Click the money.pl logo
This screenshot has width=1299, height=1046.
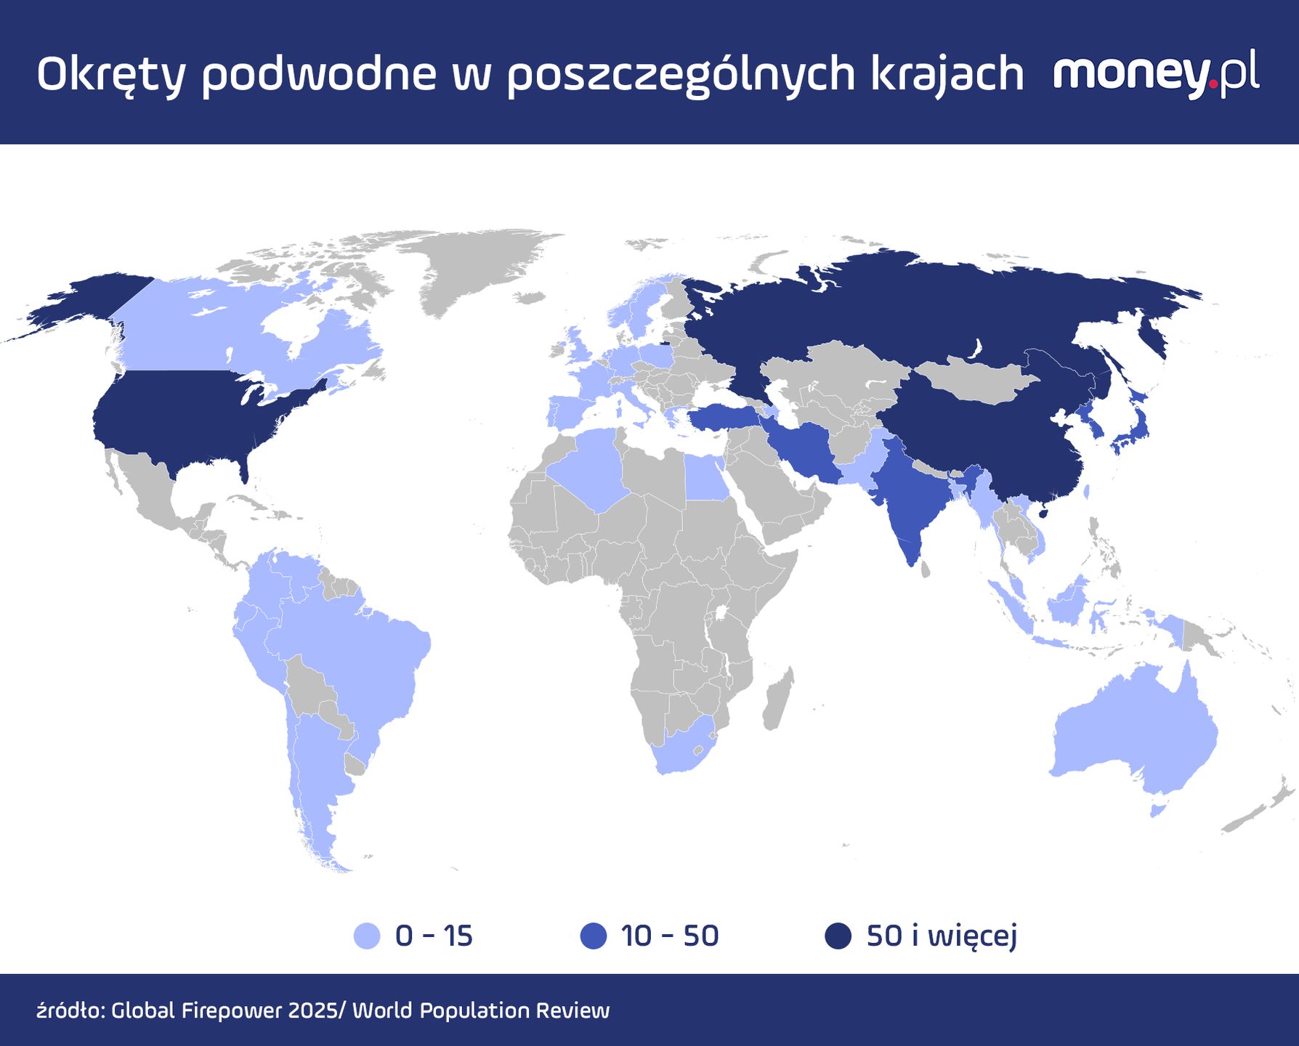point(1156,73)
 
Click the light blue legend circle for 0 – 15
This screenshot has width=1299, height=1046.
point(367,936)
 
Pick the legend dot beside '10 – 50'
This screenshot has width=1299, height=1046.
point(594,936)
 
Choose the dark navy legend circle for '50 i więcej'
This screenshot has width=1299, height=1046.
point(838,936)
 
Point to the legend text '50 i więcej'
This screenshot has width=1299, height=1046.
point(942,936)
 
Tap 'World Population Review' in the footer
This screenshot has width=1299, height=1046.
point(481,1010)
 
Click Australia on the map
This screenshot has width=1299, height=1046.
point(1133,734)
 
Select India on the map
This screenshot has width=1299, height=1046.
point(912,501)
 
